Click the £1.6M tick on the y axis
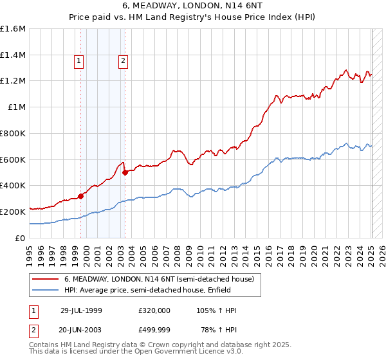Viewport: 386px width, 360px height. pyautogui.click(x=13, y=29)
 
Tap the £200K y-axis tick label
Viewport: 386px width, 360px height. pyautogui.click(x=13, y=212)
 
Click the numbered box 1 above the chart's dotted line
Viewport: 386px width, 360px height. pyautogui.click(x=78, y=62)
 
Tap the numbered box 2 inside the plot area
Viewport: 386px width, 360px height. pyautogui.click(x=122, y=62)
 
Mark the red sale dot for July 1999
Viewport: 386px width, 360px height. pyautogui.click(x=81, y=196)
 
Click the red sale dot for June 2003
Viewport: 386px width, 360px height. pyautogui.click(x=125, y=172)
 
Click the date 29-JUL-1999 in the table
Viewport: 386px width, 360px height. pyautogui.click(x=81, y=310)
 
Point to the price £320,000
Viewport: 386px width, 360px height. pyautogui.click(x=154, y=310)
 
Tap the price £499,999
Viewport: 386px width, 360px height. pyautogui.click(x=154, y=330)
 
